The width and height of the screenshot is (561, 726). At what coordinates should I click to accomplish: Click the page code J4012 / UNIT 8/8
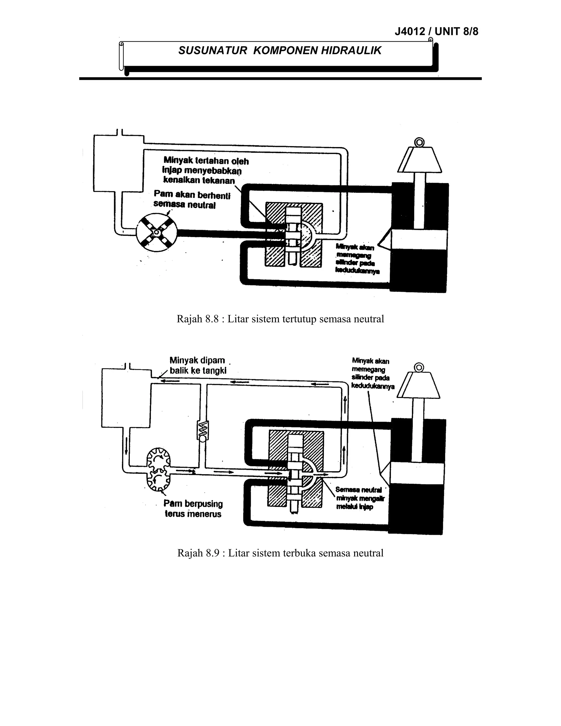point(436,32)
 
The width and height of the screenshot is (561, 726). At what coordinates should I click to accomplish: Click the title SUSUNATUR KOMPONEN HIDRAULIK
point(280,50)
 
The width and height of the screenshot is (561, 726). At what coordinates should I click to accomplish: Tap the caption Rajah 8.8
point(280,319)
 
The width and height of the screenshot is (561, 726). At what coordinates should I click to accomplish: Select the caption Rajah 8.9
point(280,553)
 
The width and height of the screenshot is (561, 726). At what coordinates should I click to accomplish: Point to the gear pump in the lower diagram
point(159,469)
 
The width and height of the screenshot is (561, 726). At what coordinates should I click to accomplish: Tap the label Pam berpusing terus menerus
point(193,508)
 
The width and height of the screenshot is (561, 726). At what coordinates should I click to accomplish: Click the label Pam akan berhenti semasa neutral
point(192,199)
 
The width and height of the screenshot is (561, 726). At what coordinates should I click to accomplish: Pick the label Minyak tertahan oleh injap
point(206,170)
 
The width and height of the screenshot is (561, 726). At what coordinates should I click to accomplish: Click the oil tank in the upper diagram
point(118,163)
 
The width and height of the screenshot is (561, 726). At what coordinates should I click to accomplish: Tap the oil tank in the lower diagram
point(126,398)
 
